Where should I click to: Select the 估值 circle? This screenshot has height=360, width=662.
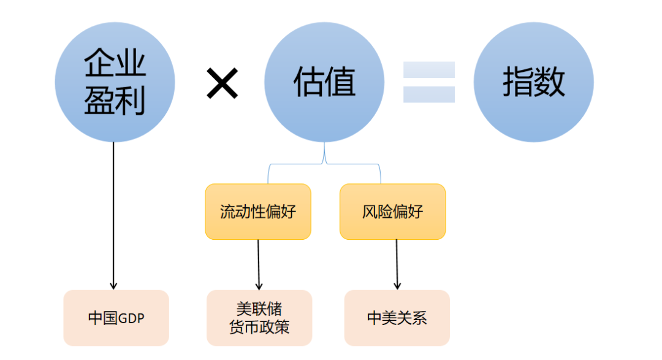324,82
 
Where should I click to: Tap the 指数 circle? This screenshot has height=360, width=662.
533,82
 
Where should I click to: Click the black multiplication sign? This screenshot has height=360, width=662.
222,83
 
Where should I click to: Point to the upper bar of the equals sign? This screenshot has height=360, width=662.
428,69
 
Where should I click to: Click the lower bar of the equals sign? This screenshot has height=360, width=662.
428,94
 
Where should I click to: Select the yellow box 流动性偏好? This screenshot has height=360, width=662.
257,212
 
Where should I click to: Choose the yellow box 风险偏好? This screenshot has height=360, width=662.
392,212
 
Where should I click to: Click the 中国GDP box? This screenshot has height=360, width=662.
116,318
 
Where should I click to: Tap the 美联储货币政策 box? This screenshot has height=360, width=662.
259,318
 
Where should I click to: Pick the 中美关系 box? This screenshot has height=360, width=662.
397,318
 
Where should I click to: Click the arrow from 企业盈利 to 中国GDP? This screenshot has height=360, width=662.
113,215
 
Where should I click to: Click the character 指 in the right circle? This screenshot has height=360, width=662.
517,82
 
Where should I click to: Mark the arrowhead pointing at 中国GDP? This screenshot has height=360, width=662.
113,285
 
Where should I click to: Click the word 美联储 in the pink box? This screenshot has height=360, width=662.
259,308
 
